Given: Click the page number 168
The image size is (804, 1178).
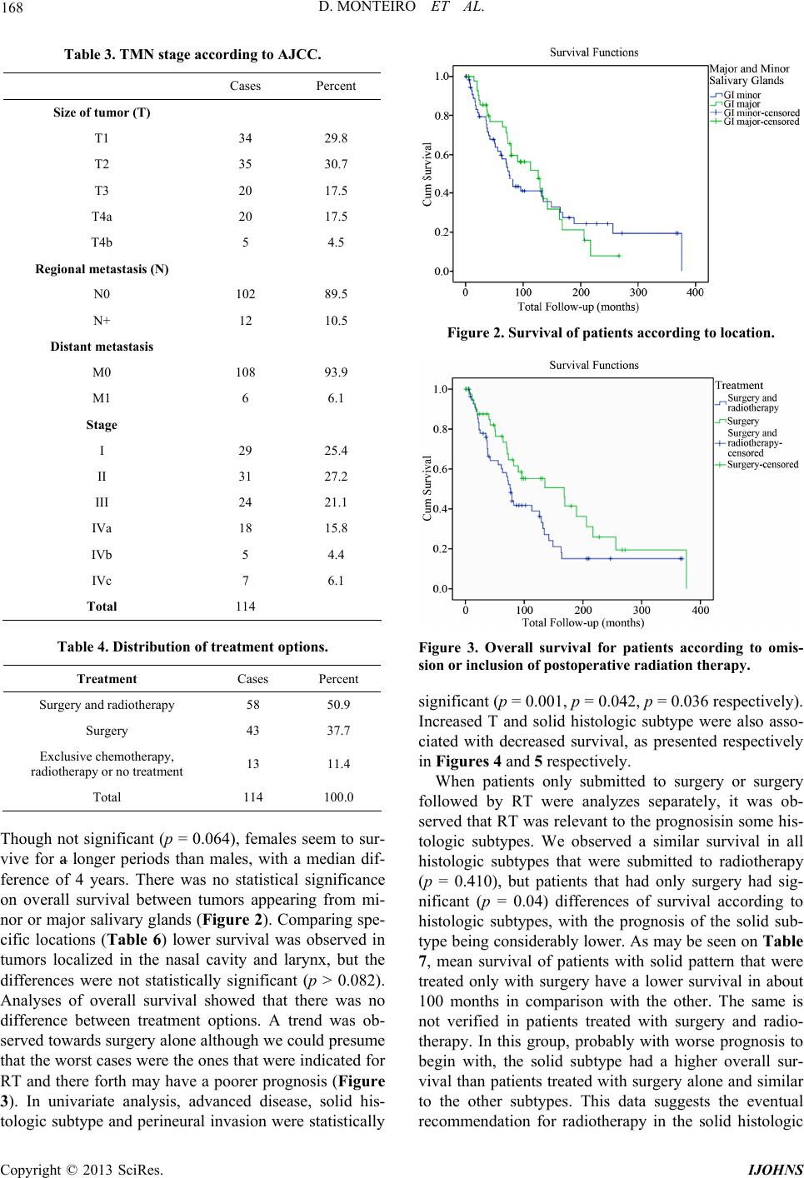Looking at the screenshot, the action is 12,7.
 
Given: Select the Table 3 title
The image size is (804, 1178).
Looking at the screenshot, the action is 192,55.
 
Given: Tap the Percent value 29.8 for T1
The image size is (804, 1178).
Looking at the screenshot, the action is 336,138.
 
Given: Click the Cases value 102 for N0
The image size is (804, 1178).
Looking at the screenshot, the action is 246,294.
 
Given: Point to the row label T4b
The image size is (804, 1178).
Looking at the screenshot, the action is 102,242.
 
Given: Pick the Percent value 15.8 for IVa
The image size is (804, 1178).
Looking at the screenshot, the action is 336,528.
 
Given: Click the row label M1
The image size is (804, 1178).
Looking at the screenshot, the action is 102,398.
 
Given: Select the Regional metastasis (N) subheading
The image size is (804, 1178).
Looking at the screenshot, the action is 102,269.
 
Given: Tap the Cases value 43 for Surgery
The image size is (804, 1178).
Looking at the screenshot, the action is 253,731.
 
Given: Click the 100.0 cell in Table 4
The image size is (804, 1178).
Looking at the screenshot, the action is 338,797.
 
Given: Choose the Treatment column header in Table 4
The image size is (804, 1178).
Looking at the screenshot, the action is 107,679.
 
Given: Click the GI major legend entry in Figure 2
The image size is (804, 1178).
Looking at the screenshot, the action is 736,104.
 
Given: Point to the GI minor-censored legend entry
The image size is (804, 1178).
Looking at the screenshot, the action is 755,113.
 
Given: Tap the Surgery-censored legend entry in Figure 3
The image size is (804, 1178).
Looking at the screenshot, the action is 757,464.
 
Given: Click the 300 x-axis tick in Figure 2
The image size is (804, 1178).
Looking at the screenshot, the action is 638,292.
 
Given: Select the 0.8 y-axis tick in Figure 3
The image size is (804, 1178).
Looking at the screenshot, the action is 441,429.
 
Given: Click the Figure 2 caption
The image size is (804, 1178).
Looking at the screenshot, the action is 611,333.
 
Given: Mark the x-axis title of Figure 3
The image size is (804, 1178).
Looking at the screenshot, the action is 582,623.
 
